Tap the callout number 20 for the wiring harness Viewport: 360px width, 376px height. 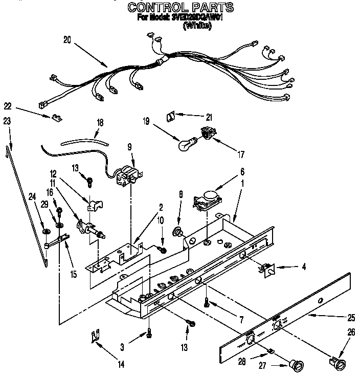(x=67, y=39)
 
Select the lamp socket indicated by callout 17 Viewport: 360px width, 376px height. (x=207, y=135)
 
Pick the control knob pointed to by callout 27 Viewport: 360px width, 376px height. (x=296, y=365)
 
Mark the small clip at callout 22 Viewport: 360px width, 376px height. (x=54, y=118)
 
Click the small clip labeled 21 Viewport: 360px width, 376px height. (x=172, y=117)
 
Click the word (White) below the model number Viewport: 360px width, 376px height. (x=196, y=26)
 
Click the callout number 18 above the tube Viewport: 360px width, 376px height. (x=100, y=122)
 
